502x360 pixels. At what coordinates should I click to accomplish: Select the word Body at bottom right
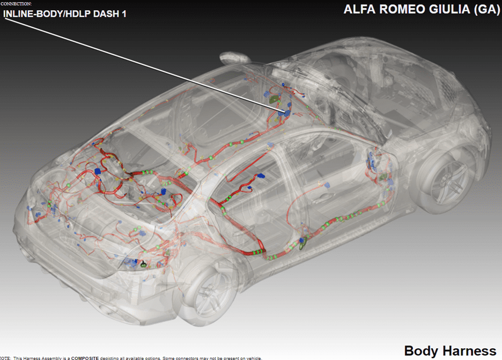click(x=418, y=351)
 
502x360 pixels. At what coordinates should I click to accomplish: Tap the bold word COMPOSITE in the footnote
click(x=85, y=358)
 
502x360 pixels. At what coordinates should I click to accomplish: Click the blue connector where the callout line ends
click(x=283, y=112)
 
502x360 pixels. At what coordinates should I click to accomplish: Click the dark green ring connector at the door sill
click(x=302, y=245)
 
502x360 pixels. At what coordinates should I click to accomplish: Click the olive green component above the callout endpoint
click(x=275, y=99)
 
